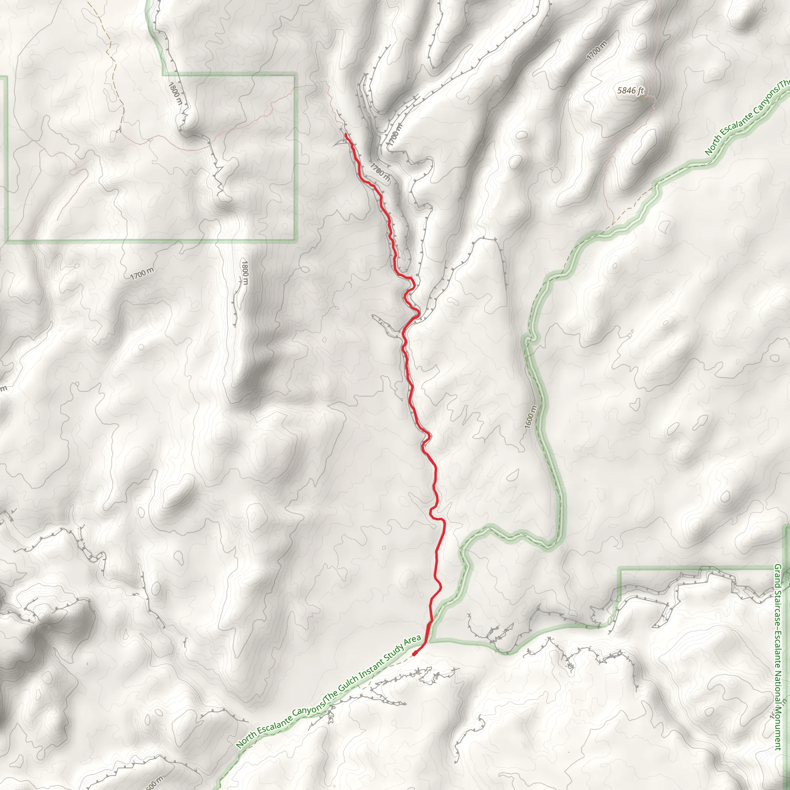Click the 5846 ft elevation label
630,90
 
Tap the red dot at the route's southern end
414,653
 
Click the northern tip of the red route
346,134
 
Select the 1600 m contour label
530,417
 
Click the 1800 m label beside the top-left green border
175,93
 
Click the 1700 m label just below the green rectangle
142,273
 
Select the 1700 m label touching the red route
380,172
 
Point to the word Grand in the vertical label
777,574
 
